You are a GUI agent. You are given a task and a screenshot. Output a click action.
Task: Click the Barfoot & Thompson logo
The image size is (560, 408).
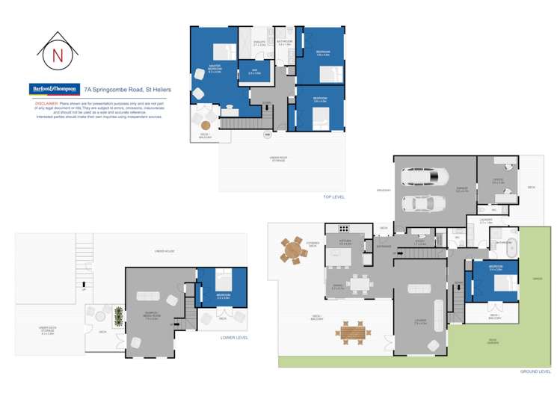click(54, 89)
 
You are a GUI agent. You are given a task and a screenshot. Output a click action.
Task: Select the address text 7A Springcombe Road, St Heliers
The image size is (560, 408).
click(128, 90)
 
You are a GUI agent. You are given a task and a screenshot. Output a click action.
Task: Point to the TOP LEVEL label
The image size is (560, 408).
click(333, 197)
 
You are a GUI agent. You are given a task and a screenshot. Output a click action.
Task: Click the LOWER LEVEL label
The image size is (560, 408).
click(233, 338)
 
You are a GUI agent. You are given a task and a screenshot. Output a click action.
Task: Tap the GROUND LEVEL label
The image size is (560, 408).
click(535, 371)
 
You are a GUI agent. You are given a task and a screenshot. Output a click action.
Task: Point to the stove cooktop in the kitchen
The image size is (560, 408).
click(344, 227)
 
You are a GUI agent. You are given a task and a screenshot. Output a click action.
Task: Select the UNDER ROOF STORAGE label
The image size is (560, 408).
click(280, 158)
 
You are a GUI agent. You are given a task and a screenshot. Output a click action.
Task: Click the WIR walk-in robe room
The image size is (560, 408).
click(254, 72)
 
